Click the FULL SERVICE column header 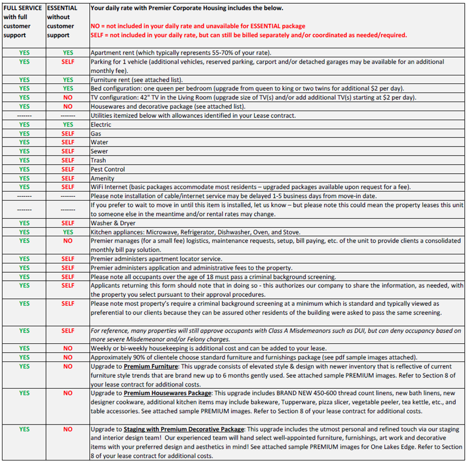click(23, 21)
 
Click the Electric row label click(101, 125)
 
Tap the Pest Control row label click(108, 169)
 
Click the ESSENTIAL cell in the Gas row click(68, 134)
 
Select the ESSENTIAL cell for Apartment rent click(68, 53)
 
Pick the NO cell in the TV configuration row click(68, 98)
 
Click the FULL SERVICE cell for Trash click(24, 160)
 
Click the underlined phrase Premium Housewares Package click(167, 393)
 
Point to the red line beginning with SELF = click(249, 35)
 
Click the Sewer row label click(100, 151)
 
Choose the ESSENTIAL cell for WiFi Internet click(68, 187)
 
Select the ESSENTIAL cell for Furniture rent click(68, 80)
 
